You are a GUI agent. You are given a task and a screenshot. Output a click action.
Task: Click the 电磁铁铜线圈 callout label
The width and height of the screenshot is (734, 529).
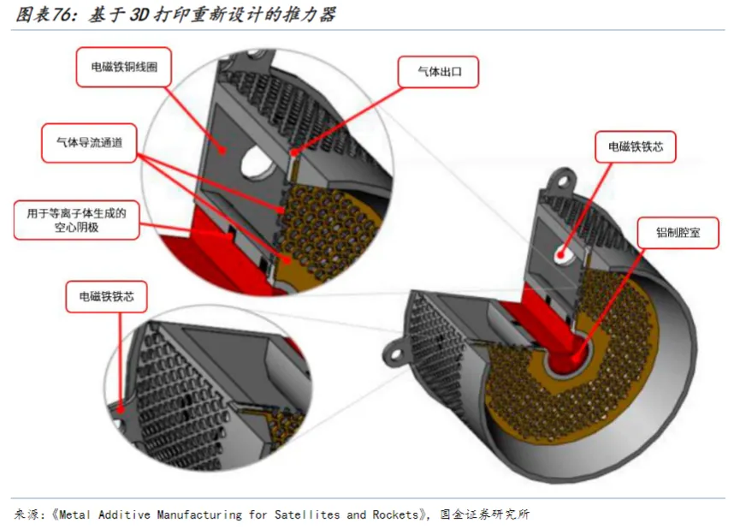(x=124, y=67)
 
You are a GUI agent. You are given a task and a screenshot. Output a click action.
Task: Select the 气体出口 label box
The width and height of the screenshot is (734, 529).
(x=439, y=72)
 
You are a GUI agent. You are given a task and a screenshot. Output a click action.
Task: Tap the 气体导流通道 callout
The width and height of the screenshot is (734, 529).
(x=89, y=143)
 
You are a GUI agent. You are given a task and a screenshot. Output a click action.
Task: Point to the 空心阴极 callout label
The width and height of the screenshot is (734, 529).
(x=77, y=220)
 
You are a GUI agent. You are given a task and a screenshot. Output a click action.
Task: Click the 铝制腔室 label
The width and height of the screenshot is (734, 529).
(x=678, y=233)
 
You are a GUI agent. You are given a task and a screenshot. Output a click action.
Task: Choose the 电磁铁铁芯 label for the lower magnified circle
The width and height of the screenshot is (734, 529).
(x=106, y=296)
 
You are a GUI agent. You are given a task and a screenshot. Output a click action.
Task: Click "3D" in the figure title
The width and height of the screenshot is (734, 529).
(x=139, y=15)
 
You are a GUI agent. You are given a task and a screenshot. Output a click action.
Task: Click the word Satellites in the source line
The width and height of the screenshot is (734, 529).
(x=307, y=514)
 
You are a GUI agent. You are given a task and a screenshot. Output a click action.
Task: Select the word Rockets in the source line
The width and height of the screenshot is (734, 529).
(x=395, y=514)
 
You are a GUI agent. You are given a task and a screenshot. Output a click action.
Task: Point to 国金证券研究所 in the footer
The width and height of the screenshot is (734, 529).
(x=484, y=514)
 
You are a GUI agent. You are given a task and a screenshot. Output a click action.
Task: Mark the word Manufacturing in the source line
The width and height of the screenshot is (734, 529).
(x=199, y=514)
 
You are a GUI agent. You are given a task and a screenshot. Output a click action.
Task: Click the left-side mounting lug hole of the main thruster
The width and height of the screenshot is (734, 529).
(x=395, y=354)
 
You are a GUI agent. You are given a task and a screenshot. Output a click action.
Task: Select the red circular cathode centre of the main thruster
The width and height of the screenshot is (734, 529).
(x=567, y=360)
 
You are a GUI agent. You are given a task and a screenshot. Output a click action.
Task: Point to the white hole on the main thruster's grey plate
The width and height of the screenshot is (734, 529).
(x=564, y=256)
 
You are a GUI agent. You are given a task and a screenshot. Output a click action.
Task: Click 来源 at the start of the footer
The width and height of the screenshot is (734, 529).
(x=27, y=514)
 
